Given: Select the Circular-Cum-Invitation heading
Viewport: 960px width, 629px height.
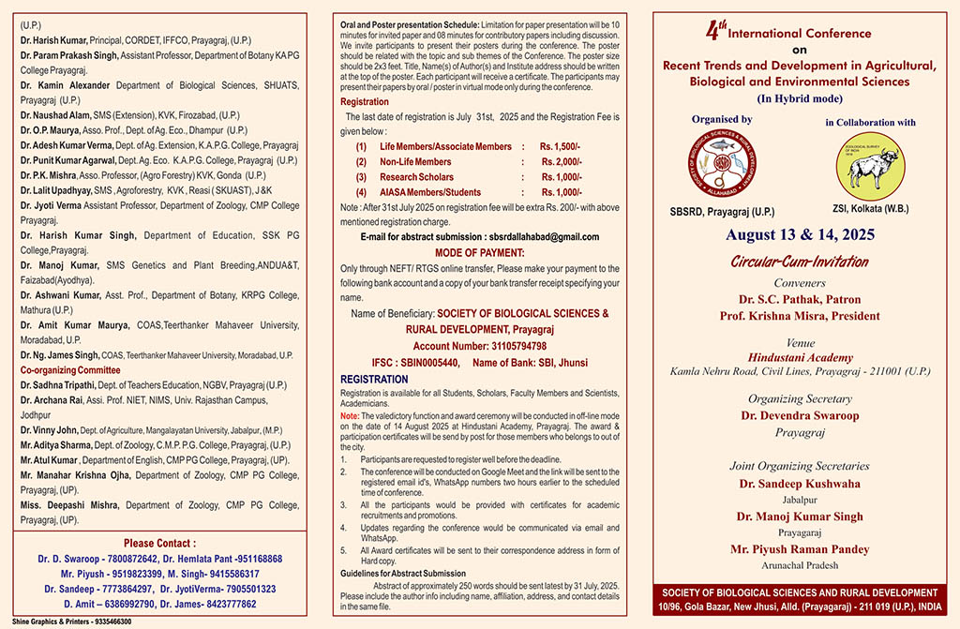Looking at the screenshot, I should pos(799,262).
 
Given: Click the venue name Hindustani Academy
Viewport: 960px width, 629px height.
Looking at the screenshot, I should pos(800,357).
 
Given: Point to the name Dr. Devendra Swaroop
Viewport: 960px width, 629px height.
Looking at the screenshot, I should pos(800,414).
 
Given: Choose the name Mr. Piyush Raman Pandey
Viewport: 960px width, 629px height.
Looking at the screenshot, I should pos(800,549).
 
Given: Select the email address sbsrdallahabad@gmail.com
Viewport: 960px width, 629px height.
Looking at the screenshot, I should pos(550,237).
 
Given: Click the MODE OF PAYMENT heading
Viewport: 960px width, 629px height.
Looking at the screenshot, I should pos(479,253).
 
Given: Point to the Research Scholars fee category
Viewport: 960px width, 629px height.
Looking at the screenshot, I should pos(416,177).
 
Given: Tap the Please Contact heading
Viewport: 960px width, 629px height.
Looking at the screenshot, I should pos(160,543).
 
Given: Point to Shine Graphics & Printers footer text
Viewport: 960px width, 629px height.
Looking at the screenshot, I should pos(72,622).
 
